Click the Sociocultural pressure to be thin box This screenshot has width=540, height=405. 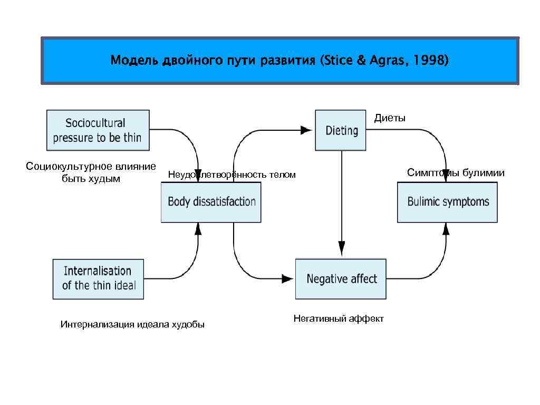click(98, 130)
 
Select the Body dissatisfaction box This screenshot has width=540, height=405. click(211, 202)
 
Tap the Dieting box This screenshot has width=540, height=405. click(341, 130)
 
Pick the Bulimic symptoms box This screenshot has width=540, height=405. click(448, 202)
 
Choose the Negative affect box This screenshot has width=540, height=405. click(341, 279)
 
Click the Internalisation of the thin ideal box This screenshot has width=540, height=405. click(99, 278)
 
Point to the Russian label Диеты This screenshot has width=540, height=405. click(390, 118)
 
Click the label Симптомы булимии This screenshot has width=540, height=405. click(456, 173)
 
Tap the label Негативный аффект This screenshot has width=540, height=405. click(339, 319)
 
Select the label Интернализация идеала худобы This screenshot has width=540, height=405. click(132, 324)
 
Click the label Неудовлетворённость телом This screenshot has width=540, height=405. click(232, 175)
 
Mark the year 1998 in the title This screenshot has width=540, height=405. click(431, 61)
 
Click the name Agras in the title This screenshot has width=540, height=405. click(384, 61)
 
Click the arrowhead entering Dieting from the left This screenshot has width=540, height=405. click(306, 130)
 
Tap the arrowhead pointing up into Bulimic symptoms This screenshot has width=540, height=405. click(446, 228)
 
